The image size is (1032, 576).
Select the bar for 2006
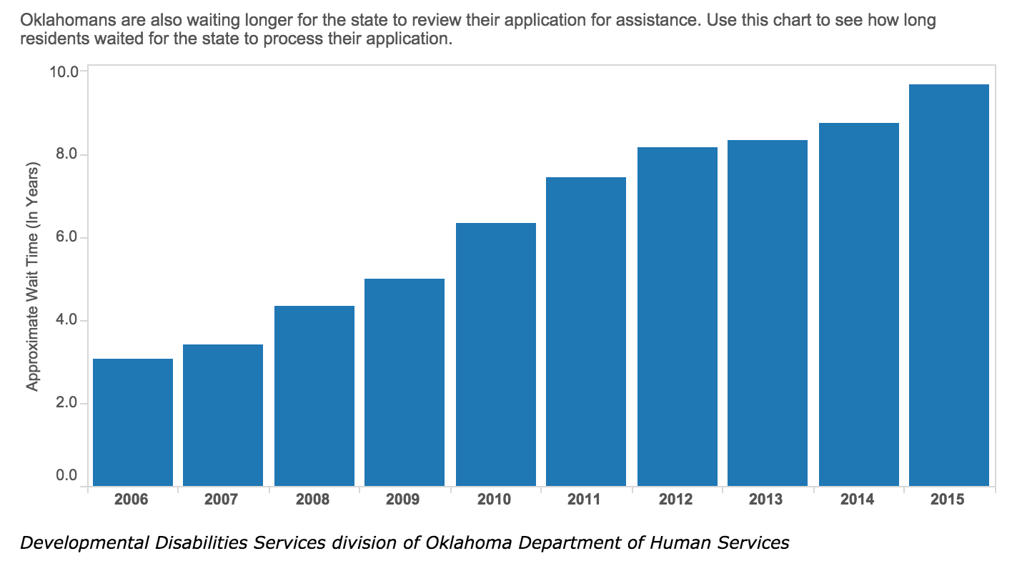[x=133, y=422]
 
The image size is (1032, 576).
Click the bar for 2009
[x=405, y=382]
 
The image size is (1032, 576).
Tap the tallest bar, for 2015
[x=949, y=284]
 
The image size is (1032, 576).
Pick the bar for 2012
[x=678, y=317]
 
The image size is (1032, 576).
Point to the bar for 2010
[x=496, y=354]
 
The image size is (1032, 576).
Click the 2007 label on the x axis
[x=221, y=500]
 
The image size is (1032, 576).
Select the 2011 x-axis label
[x=584, y=500]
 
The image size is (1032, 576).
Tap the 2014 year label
[x=857, y=500]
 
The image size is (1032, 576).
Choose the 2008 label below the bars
[x=313, y=500]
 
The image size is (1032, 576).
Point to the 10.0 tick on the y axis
[x=64, y=72]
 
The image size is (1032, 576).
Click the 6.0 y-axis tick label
[x=66, y=237]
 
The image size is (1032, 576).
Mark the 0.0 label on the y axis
[x=66, y=475]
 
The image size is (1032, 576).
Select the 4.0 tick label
[x=66, y=319]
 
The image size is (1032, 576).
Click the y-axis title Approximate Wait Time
[x=32, y=277]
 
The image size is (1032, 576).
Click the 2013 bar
[x=768, y=313]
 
